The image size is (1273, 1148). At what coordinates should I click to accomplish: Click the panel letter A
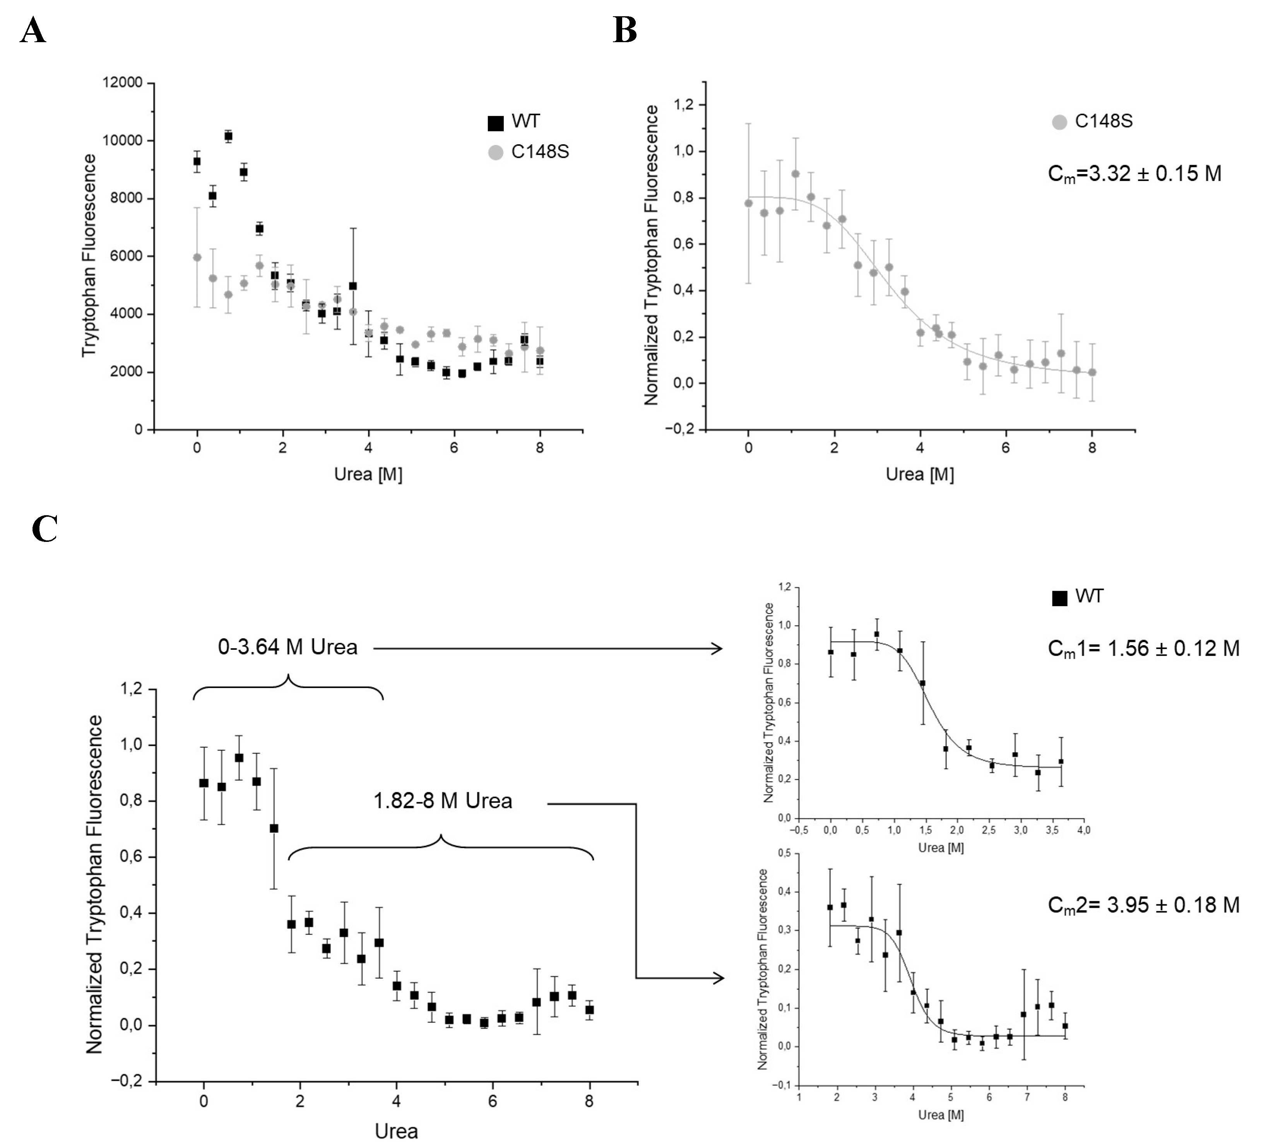(33, 30)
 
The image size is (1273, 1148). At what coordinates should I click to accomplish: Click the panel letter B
(625, 30)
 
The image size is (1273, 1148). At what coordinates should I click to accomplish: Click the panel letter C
(44, 529)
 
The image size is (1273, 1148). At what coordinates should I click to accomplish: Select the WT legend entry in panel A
(514, 121)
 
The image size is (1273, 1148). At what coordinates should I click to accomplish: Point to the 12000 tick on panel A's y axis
(123, 83)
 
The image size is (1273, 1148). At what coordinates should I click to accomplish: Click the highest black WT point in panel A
(228, 136)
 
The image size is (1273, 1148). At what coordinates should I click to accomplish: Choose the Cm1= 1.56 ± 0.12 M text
(1143, 648)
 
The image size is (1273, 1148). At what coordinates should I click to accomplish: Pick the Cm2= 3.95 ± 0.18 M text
(1143, 905)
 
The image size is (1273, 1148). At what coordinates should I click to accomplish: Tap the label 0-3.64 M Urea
(287, 647)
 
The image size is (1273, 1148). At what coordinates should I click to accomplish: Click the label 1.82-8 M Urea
(443, 801)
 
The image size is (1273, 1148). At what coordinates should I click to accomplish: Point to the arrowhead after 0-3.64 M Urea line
(718, 648)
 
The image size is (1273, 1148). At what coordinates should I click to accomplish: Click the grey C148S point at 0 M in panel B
(748, 203)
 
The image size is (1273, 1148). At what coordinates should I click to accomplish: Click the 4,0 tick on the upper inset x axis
(1083, 830)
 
